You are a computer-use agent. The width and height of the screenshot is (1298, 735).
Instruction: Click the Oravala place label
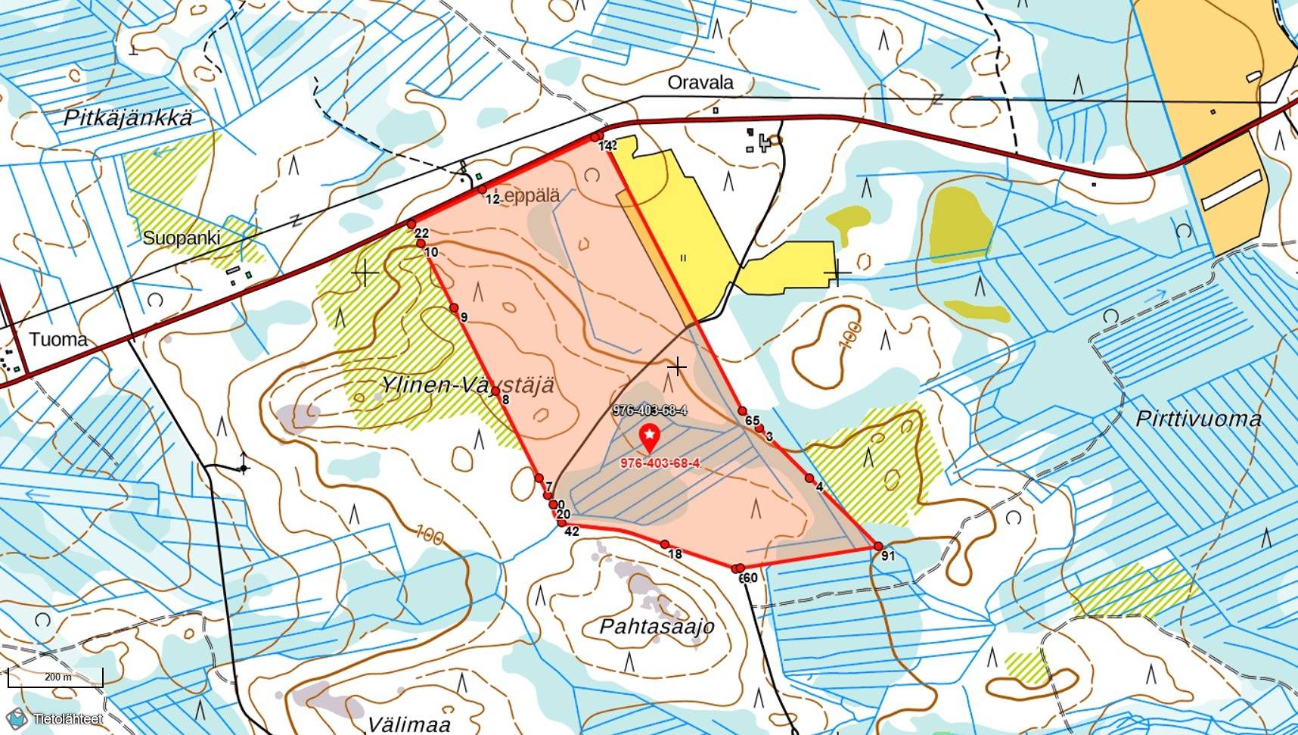(x=700, y=83)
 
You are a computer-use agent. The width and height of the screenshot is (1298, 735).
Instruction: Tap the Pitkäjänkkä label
(x=128, y=118)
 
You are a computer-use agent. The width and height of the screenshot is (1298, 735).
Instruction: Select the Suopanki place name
(x=182, y=238)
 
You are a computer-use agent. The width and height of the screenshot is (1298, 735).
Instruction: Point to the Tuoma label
(x=58, y=339)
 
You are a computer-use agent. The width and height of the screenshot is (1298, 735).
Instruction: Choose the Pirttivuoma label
(x=1198, y=419)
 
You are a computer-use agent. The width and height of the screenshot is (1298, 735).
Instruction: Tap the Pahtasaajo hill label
(x=657, y=627)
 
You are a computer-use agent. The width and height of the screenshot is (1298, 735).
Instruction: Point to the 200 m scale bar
(x=55, y=677)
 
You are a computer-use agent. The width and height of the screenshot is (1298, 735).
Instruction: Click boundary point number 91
(x=878, y=547)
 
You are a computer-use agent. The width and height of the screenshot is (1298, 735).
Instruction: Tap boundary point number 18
(x=665, y=544)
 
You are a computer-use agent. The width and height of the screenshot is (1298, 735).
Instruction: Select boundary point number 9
(x=454, y=307)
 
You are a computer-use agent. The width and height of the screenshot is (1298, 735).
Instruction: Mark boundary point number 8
(x=495, y=391)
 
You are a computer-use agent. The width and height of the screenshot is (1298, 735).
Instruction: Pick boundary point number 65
(x=742, y=411)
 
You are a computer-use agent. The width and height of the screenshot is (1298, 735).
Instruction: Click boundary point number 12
(x=482, y=189)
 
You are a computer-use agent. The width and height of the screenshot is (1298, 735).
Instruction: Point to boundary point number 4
(x=809, y=478)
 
